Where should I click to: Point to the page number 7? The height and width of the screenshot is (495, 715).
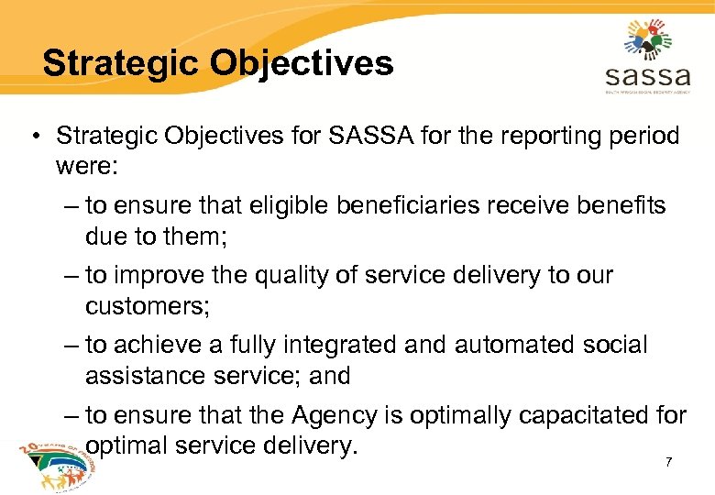point(668,462)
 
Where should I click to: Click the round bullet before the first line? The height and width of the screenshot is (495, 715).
point(34,137)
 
